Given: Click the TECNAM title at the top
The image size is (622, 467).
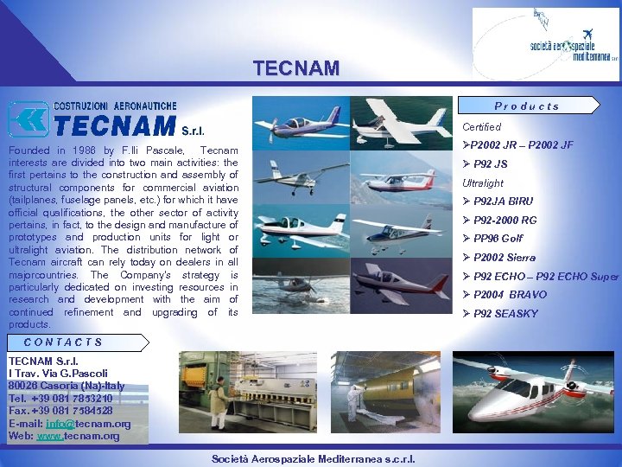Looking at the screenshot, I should pos(296,68).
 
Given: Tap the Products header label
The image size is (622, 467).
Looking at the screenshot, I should pos(527,106).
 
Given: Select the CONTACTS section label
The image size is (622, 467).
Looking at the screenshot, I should pos(63,342).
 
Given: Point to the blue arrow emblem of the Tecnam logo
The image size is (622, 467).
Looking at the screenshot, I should pos(28,119).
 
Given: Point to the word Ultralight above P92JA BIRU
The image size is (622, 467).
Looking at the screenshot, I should pos(483,183).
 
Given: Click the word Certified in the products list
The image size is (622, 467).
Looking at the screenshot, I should pos(481,127).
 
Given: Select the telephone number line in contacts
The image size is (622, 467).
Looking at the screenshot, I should pos(60,399).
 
